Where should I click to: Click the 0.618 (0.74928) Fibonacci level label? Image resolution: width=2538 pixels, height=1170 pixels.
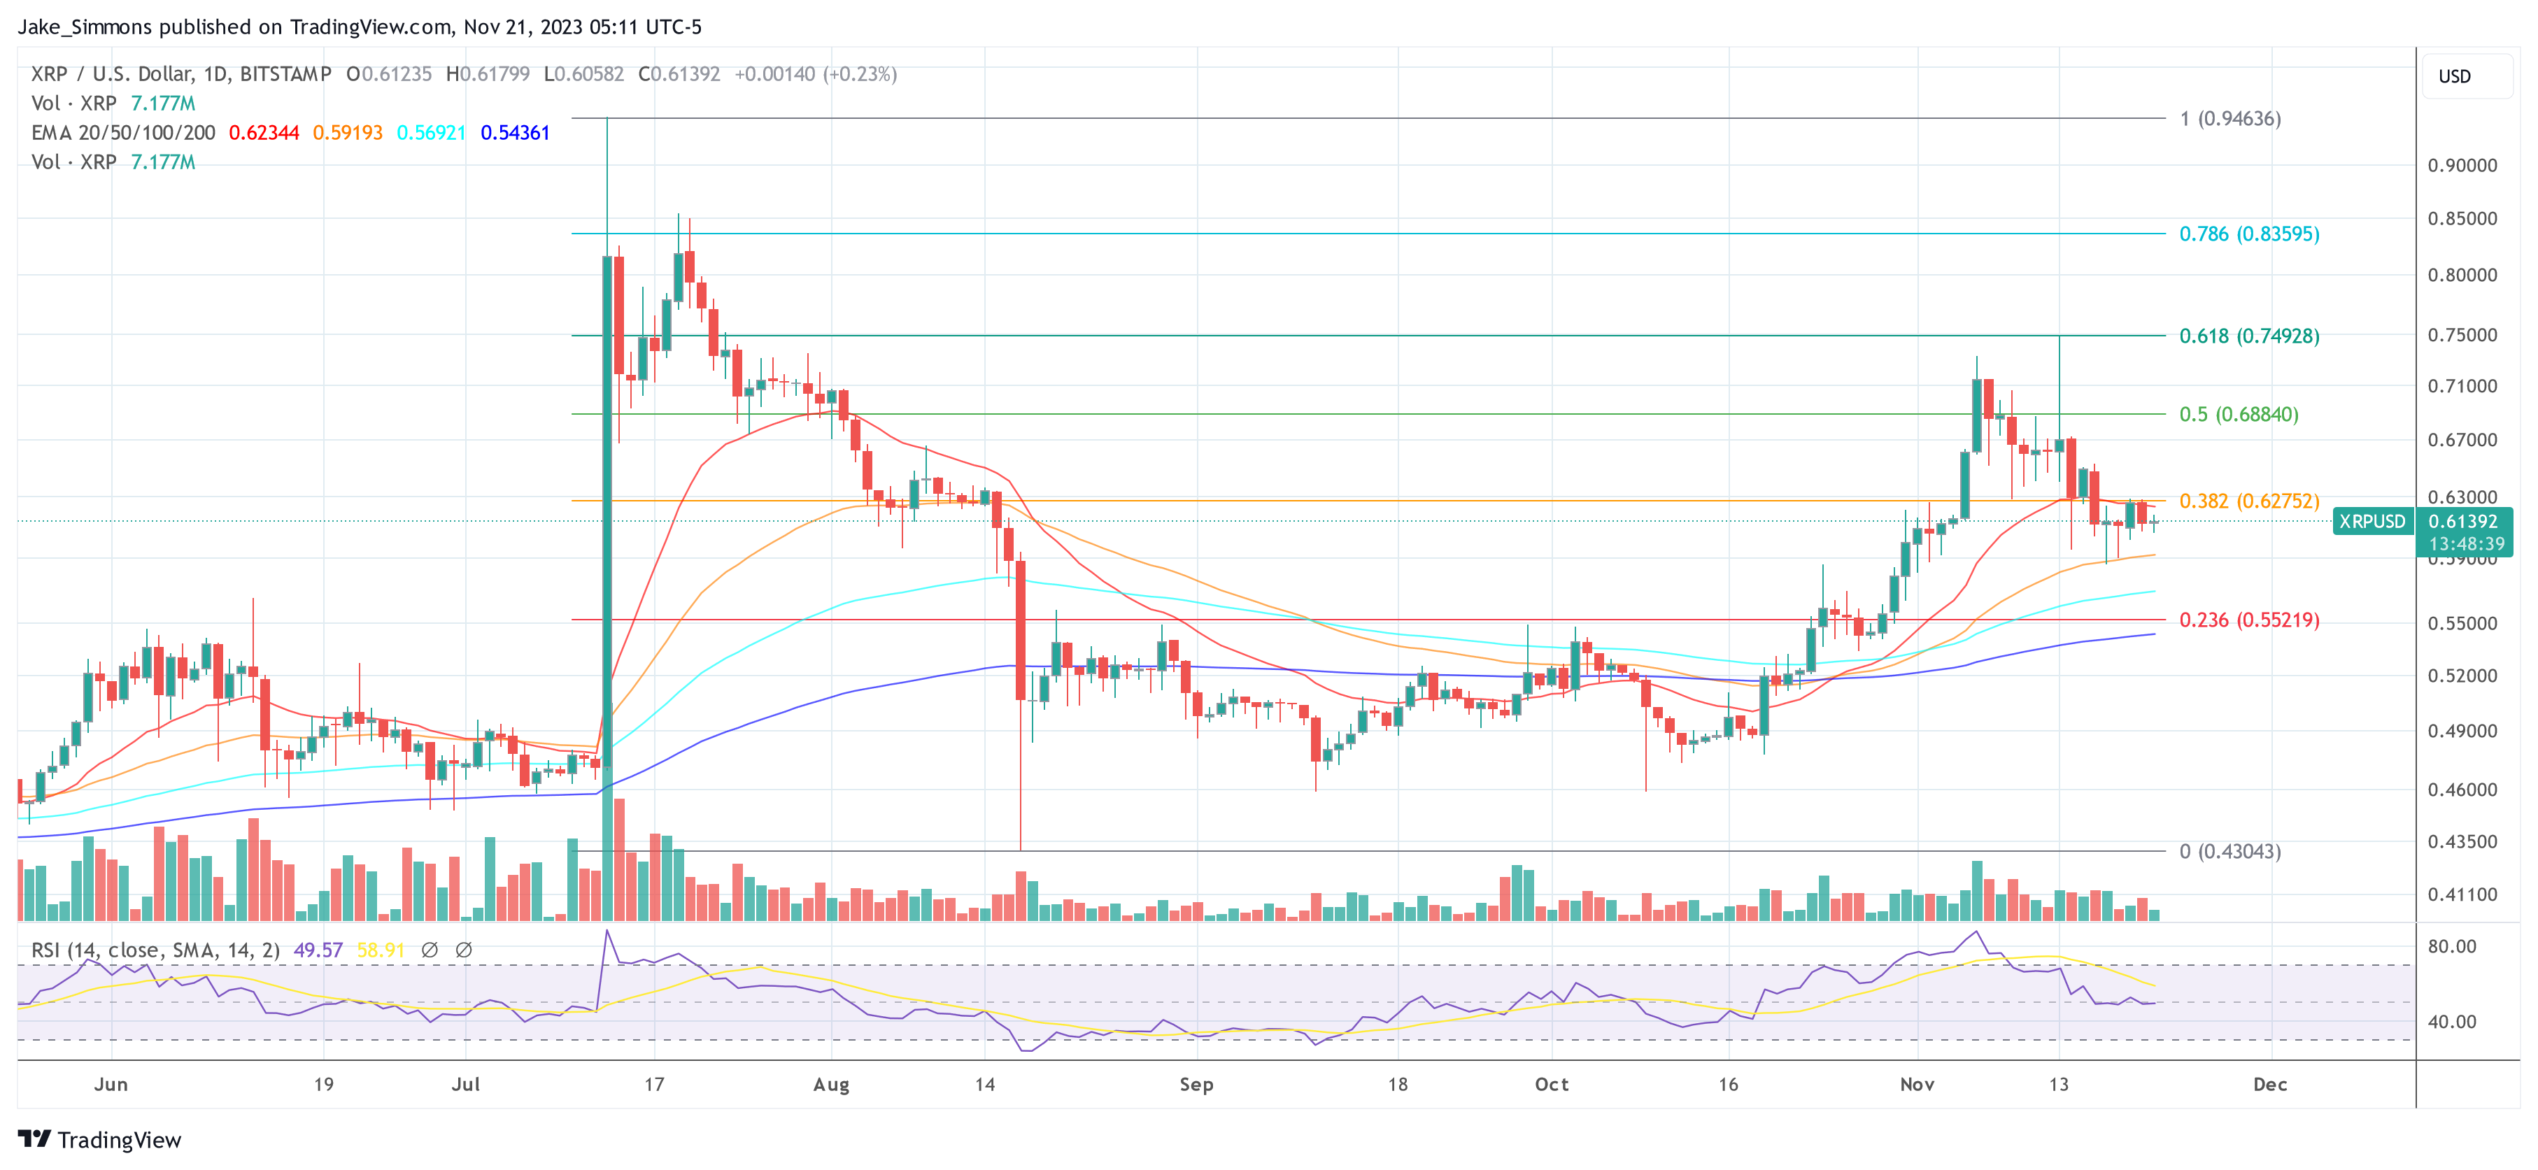click(x=2248, y=336)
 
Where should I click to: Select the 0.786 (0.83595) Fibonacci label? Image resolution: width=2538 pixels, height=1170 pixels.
click(x=2248, y=234)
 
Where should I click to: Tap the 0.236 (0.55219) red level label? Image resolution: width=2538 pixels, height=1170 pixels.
click(x=2248, y=620)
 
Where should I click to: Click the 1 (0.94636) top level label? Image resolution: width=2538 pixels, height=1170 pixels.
click(x=2229, y=118)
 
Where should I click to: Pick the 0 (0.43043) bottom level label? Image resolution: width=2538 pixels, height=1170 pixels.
click(x=2229, y=851)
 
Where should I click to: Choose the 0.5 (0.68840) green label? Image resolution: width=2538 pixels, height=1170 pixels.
click(x=2239, y=413)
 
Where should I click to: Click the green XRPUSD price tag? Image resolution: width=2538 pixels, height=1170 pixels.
click(x=2372, y=522)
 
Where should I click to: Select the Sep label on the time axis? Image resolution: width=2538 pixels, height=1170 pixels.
click(x=1196, y=1084)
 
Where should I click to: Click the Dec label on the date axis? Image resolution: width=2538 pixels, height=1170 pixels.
click(x=2270, y=1084)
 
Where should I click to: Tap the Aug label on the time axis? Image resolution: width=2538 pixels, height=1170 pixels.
click(x=830, y=1084)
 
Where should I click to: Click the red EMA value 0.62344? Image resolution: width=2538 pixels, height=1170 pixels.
click(x=263, y=133)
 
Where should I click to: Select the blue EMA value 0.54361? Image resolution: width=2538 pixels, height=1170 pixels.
click(x=514, y=133)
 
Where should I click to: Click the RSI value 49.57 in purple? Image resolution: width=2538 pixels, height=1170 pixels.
click(x=318, y=950)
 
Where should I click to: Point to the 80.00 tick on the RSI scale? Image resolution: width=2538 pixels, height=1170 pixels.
click(x=2451, y=946)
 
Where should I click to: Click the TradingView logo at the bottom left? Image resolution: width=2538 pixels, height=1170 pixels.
click(x=99, y=1139)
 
